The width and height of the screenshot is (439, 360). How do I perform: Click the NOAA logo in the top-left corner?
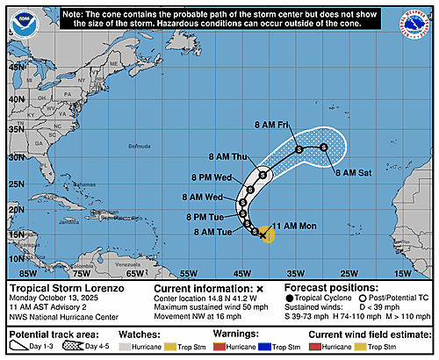(18, 14)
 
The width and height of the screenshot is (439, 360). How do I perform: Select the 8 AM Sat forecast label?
(353, 174)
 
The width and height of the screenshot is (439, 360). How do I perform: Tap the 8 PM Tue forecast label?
(208, 215)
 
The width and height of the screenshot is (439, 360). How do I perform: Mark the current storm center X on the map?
(263, 235)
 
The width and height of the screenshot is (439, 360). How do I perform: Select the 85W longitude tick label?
(17, 275)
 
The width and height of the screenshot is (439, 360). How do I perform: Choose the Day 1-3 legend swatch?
(23, 348)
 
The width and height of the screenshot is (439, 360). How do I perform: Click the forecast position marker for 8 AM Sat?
(324, 148)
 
